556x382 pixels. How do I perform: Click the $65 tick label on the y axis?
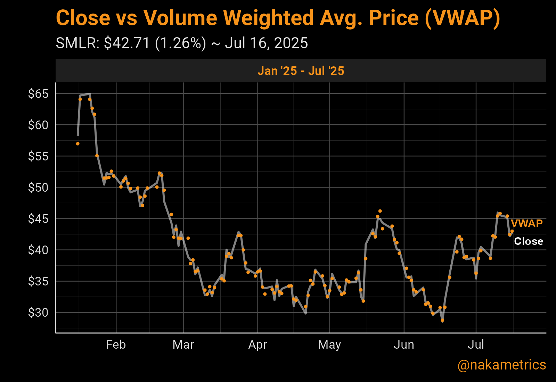(x=38, y=94)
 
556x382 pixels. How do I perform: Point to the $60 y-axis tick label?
(x=38, y=125)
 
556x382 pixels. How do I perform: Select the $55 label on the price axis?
(x=38, y=156)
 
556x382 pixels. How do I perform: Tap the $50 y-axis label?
(x=38, y=188)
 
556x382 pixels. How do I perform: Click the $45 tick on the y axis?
(x=38, y=219)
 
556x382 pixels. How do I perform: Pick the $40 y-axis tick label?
(x=38, y=250)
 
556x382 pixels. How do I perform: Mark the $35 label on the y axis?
(x=38, y=281)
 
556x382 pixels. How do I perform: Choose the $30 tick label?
(x=38, y=313)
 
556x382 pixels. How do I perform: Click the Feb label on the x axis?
(x=116, y=344)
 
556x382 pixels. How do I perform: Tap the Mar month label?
(x=183, y=344)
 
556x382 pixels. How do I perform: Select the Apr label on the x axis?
(x=257, y=344)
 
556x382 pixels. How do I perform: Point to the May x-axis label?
(x=329, y=344)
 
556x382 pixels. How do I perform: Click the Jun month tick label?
(x=404, y=344)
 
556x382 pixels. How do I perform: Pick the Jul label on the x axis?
(x=476, y=344)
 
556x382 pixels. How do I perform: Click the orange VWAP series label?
(x=526, y=223)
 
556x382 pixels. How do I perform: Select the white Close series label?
(x=529, y=241)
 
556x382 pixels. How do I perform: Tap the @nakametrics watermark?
(x=501, y=365)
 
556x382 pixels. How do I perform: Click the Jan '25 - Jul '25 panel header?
(x=301, y=71)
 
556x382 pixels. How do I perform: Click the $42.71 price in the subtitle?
(x=127, y=43)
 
